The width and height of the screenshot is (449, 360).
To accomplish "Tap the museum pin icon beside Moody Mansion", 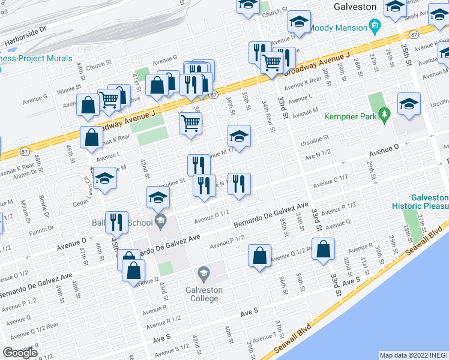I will (375, 25).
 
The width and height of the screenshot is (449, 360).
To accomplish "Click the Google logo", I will (20, 352).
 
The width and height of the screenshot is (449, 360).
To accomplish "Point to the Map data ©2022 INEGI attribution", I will (414, 355).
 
